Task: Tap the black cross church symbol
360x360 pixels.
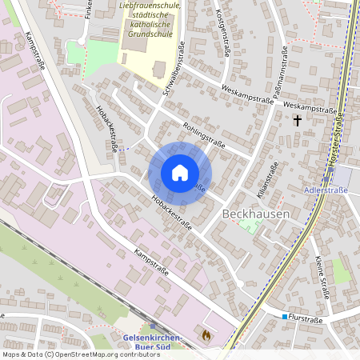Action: pos(297,121)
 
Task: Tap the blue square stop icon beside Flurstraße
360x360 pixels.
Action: pos(284,318)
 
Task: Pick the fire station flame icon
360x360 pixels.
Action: pos(206,336)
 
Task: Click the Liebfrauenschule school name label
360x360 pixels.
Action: pos(150,6)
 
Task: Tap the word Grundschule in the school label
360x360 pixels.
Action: pos(150,35)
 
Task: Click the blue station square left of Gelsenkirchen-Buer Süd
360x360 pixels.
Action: pos(152,326)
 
